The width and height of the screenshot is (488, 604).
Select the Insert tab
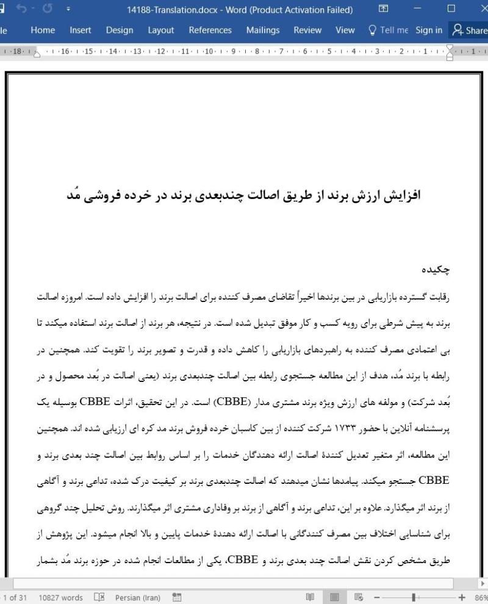[x=81, y=30]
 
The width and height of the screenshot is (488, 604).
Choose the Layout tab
[x=160, y=30]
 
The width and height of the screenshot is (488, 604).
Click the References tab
[x=210, y=30]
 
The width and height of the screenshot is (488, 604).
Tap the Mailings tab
[x=263, y=30]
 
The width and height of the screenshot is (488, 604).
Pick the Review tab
[x=307, y=30]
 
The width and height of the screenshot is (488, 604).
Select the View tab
[x=345, y=30]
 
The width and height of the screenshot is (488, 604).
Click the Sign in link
[x=429, y=30]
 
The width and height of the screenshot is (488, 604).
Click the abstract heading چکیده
[x=435, y=269]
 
